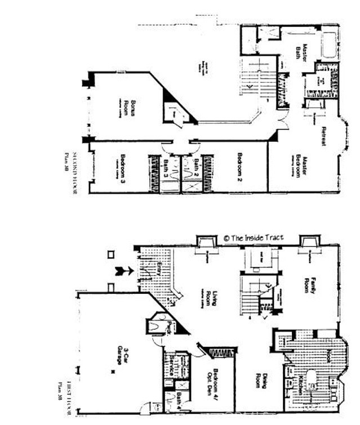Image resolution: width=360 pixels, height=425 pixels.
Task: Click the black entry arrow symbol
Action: click(x=124, y=271)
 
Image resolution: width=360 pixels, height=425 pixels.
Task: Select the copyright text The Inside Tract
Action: click(x=253, y=238)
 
